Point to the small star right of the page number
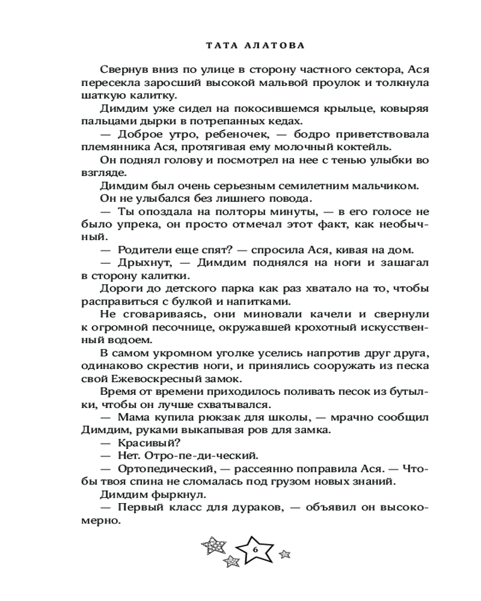point(286,553)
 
